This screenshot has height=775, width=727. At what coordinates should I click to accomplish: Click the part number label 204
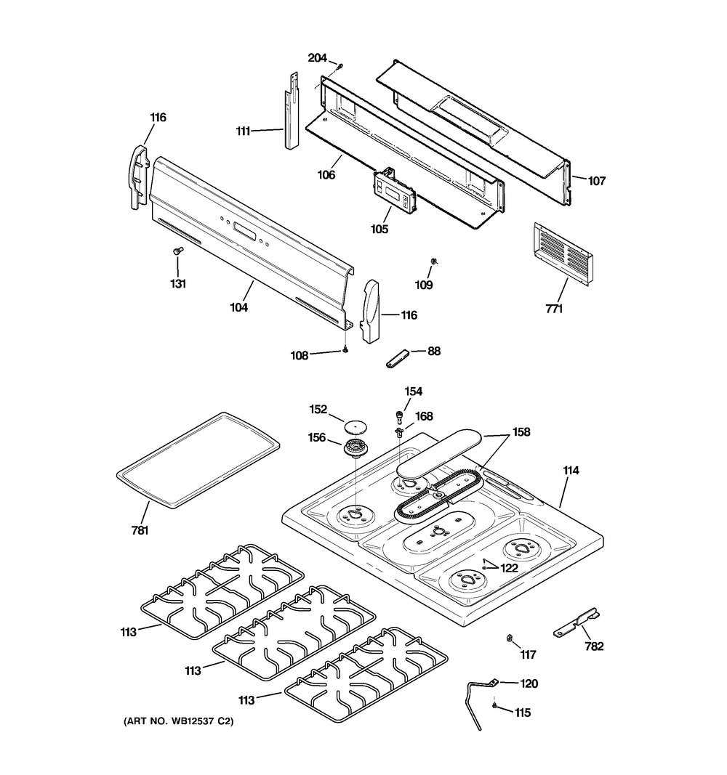point(317,58)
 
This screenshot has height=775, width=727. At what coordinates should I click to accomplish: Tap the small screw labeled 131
point(177,251)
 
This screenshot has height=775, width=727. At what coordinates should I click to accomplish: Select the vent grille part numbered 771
point(563,254)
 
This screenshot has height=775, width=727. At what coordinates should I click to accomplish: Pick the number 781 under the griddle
point(140,530)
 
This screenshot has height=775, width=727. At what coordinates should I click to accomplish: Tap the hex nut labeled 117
point(508,638)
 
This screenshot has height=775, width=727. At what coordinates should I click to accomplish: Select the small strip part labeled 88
point(397,358)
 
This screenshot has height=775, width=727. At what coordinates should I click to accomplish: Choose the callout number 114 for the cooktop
point(571,471)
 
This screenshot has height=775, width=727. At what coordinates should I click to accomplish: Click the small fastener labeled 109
point(434,261)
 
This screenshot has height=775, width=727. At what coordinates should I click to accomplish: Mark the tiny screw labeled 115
point(494,705)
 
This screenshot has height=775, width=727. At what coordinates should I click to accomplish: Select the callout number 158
point(521,432)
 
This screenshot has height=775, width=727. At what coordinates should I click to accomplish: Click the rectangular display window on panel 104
point(244,230)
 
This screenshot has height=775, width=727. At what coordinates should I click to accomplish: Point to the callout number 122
point(510,568)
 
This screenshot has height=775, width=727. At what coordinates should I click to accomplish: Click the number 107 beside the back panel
point(596,181)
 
